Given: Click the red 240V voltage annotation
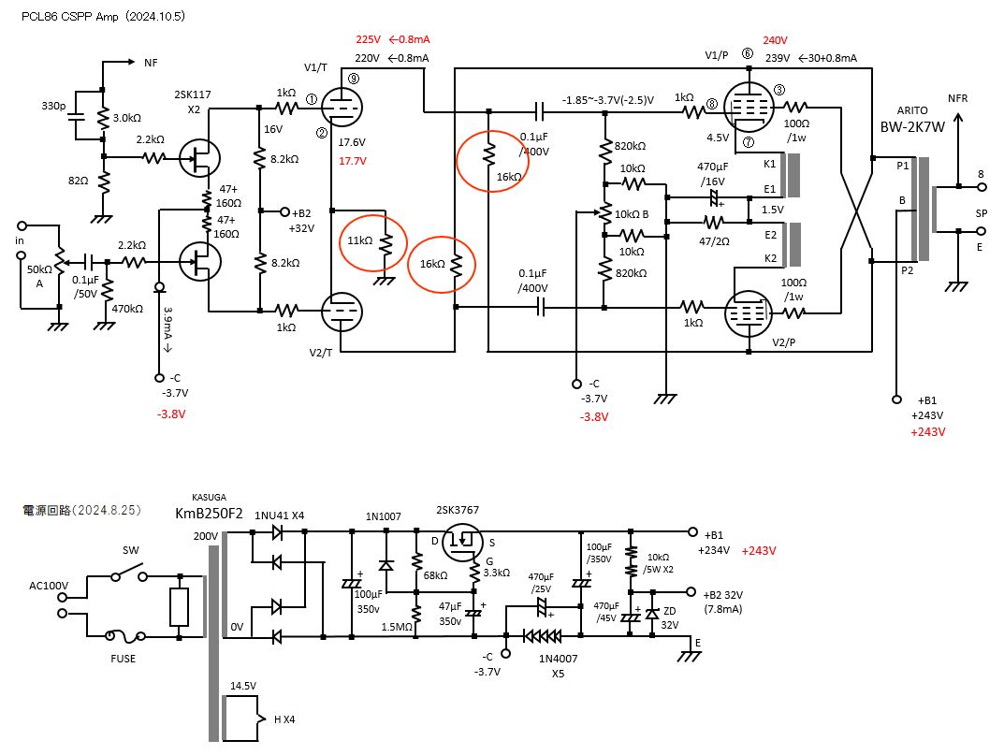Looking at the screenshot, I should (x=775, y=40).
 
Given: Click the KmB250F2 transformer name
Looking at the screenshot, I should (x=209, y=514).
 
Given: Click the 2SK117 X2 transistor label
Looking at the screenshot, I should (x=194, y=102).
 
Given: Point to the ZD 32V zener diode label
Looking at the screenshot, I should (x=669, y=617).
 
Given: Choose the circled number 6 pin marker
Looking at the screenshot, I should (x=747, y=53).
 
